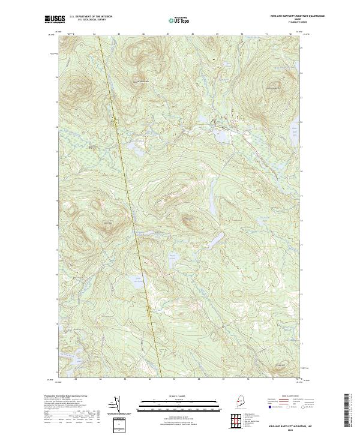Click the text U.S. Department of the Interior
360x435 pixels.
pos(91,16)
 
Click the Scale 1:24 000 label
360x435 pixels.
pos(179,397)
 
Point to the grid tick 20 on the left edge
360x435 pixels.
pos(57,176)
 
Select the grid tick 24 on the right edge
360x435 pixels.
pos(302,73)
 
